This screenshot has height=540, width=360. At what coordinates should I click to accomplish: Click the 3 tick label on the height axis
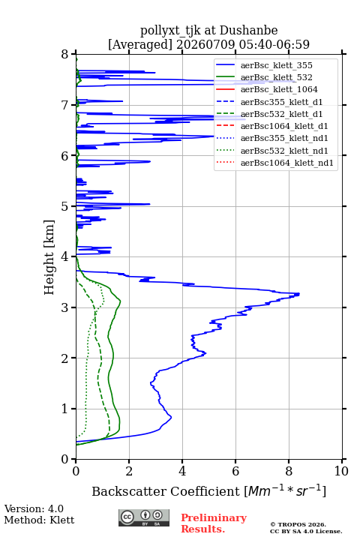pyautogui.click(x=65, y=307)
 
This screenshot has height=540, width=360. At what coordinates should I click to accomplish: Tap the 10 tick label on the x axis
pyautogui.click(x=341, y=471)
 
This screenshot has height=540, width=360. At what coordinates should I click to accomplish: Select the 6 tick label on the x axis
pyautogui.click(x=235, y=471)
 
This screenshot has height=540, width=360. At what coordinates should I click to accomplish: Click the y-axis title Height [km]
pyautogui.click(x=49, y=257)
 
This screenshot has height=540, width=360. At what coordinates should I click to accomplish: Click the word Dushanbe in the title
pyautogui.click(x=248, y=30)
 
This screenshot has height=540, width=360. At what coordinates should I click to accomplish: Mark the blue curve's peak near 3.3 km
pyautogui.click(x=298, y=294)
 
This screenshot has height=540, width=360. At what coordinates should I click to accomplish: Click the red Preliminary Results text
pyautogui.click(x=214, y=523)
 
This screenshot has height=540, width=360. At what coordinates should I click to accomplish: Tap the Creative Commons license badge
pyautogui.click(x=144, y=517)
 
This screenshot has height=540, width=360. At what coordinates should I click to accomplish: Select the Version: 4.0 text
pyautogui.click(x=34, y=508)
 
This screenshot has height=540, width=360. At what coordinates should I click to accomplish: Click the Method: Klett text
pyautogui.click(x=39, y=520)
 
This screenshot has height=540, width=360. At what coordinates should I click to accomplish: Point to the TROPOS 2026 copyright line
pyautogui.click(x=298, y=524)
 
